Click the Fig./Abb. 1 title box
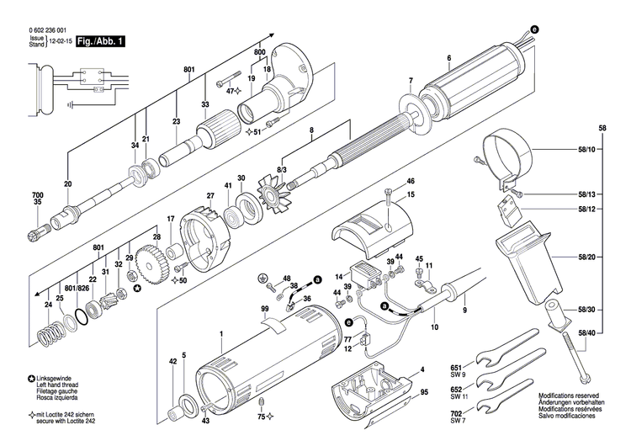point(98,40)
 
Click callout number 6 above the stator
point(449,58)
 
